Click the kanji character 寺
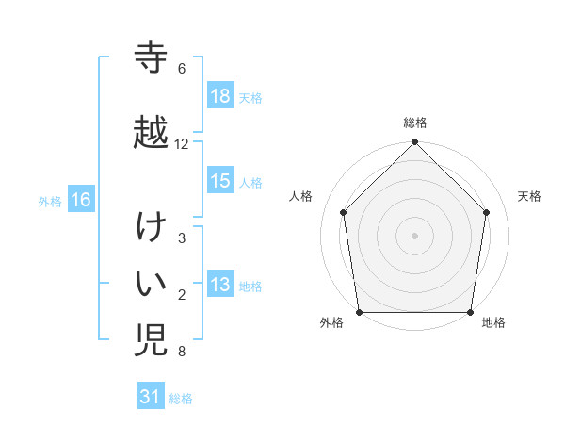(152, 58)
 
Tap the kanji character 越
(152, 132)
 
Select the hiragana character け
(152, 229)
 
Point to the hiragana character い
(152, 283)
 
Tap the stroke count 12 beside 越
(182, 144)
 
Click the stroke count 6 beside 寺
(182, 69)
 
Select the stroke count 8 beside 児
(182, 353)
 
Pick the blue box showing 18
(220, 95)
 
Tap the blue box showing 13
(220, 285)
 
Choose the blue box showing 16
(80, 199)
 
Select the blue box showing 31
(152, 397)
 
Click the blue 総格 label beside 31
(181, 398)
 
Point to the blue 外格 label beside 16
(50, 200)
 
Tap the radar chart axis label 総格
(415, 123)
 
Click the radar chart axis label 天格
(530, 196)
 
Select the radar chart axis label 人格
(301, 196)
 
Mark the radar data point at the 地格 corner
(471, 312)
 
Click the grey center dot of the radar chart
(415, 235)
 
